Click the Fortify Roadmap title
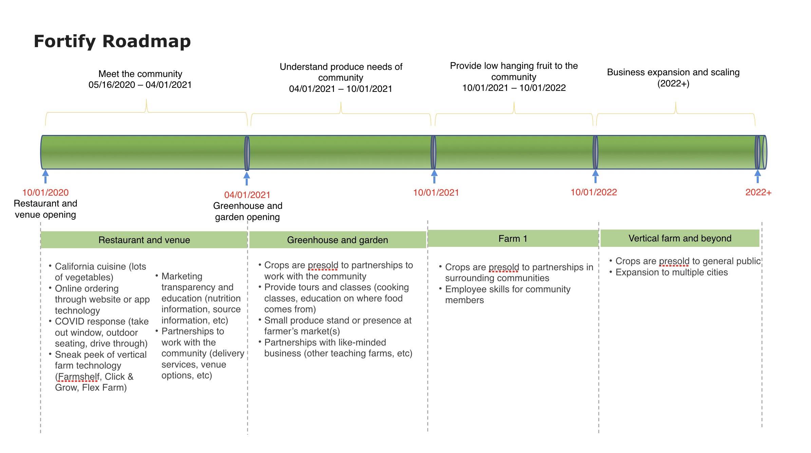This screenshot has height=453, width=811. pos(112,41)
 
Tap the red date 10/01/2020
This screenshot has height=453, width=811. pos(45,193)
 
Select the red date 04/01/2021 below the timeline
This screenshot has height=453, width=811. pos(247,195)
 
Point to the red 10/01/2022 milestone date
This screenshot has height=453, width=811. pos(593,192)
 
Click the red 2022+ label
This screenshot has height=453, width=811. pos(758,193)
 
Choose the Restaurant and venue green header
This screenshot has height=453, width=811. pos(144,240)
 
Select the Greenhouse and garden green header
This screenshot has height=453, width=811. pos(337,240)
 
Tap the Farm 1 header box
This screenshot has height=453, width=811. pos(513,239)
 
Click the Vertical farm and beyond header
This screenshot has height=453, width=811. pos(680,238)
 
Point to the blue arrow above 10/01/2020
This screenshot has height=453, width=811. pos(45,176)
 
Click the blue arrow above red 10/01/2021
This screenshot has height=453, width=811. pos(434,176)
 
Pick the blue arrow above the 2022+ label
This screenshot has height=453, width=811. pos(757,176)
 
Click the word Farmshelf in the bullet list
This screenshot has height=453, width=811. pos(79,377)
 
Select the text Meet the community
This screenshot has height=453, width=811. pos(140,74)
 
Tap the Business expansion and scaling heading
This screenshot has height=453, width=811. pos(673,73)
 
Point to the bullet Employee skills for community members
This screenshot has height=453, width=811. pos(507,295)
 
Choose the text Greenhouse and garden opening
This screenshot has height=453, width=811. pos(248,211)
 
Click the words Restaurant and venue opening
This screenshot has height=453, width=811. pos(45,209)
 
